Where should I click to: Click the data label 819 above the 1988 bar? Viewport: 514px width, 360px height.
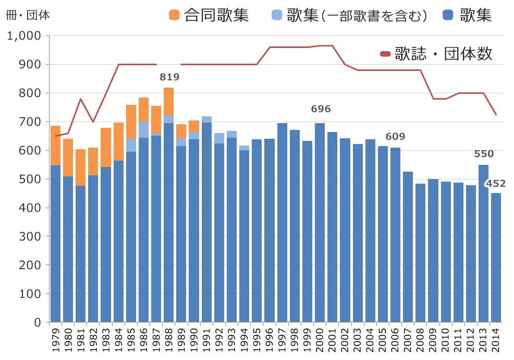169,77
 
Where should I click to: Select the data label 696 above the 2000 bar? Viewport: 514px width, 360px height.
321,109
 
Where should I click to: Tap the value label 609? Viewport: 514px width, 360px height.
395,137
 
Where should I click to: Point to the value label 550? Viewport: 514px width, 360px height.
484,154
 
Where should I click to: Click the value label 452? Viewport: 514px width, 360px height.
496,184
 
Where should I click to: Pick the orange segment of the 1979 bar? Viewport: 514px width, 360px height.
55,146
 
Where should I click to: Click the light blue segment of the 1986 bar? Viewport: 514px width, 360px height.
143,129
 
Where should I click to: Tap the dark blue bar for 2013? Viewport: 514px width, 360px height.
483,243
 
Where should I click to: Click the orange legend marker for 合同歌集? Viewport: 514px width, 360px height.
174,15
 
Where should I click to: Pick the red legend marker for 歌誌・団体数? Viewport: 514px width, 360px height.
385,53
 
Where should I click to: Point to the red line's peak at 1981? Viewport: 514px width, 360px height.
80,99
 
